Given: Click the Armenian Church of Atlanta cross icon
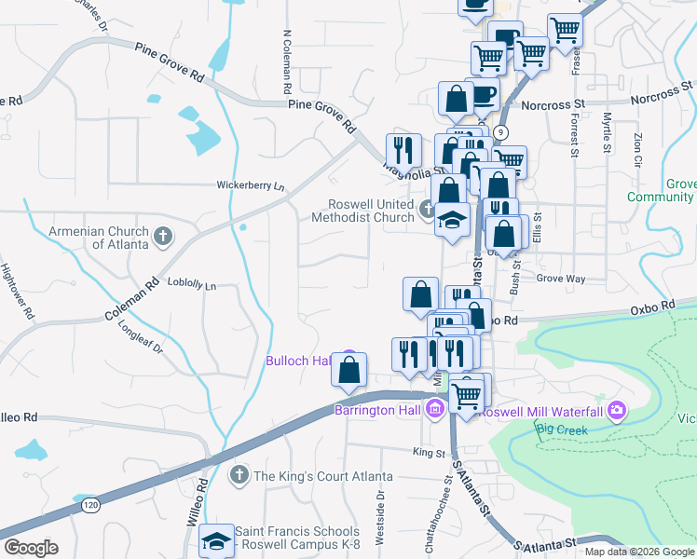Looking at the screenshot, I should click(163, 235).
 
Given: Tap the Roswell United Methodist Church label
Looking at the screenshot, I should click(370, 211).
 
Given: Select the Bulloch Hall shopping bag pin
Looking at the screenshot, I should click(348, 370).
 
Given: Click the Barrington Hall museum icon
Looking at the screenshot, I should click(435, 408).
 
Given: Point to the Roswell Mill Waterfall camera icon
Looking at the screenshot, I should click(616, 410).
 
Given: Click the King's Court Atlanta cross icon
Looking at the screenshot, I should click(239, 476).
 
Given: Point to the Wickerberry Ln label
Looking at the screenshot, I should click(250, 185).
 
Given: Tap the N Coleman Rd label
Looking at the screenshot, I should click(287, 63).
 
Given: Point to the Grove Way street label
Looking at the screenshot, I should click(560, 278).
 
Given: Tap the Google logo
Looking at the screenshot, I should click(31, 548).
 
